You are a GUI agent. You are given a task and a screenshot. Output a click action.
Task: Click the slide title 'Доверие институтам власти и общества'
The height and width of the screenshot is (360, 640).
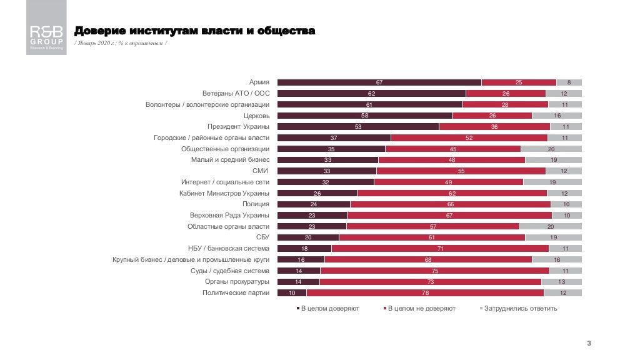(x=194, y=31)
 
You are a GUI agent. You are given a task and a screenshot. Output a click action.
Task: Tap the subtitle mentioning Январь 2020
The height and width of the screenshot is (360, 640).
(x=120, y=43)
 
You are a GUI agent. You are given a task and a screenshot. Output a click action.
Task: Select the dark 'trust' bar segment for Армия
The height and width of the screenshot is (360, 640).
(x=379, y=82)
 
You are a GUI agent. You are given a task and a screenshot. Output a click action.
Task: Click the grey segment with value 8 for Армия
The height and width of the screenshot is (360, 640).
(x=569, y=82)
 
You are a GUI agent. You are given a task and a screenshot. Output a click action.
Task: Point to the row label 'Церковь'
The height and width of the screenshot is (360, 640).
(x=256, y=116)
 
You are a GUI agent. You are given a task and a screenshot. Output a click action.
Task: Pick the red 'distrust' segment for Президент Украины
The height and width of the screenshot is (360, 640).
(x=494, y=127)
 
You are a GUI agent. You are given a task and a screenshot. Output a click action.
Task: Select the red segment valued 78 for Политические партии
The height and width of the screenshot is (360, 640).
(x=424, y=292)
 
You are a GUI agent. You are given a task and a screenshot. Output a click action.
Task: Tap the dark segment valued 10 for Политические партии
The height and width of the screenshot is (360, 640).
(x=291, y=292)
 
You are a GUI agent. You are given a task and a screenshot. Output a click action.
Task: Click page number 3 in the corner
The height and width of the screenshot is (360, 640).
(x=589, y=343)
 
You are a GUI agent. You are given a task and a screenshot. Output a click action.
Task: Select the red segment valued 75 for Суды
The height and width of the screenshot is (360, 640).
(x=434, y=271)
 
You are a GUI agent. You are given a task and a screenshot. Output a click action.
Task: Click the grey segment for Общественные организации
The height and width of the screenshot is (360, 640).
(x=551, y=149)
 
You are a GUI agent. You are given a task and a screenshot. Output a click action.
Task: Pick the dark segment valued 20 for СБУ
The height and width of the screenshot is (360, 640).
(x=307, y=237)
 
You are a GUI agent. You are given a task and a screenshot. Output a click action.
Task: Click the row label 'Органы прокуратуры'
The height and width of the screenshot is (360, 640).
(x=236, y=282)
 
